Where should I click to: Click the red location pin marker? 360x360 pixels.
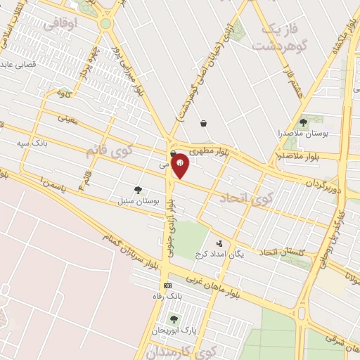pos(180,165)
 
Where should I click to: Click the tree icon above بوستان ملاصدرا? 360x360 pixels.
pos(303,122)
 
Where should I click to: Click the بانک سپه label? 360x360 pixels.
pos(31,143)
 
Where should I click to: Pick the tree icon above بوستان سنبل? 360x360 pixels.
pos(138,190)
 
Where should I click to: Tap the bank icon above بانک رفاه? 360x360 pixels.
pos(167,285)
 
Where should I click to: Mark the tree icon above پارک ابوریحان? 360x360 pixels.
pos(173,319)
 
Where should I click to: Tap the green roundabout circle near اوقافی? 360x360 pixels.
pos(105,23)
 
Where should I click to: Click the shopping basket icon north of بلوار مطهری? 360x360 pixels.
pos(203,123)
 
